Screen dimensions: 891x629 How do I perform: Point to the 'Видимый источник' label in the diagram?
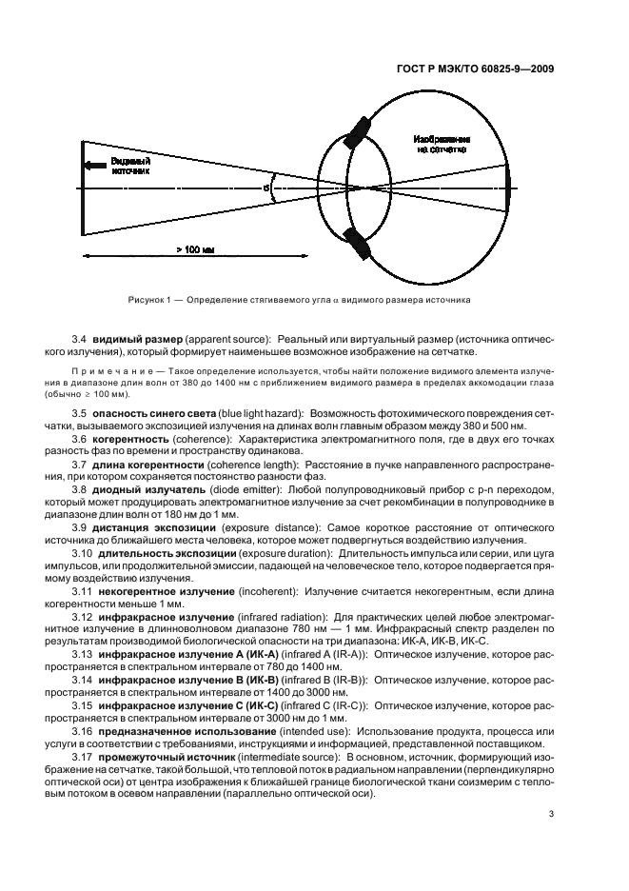(130, 166)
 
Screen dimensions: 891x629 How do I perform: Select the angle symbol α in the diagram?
(266, 188)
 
